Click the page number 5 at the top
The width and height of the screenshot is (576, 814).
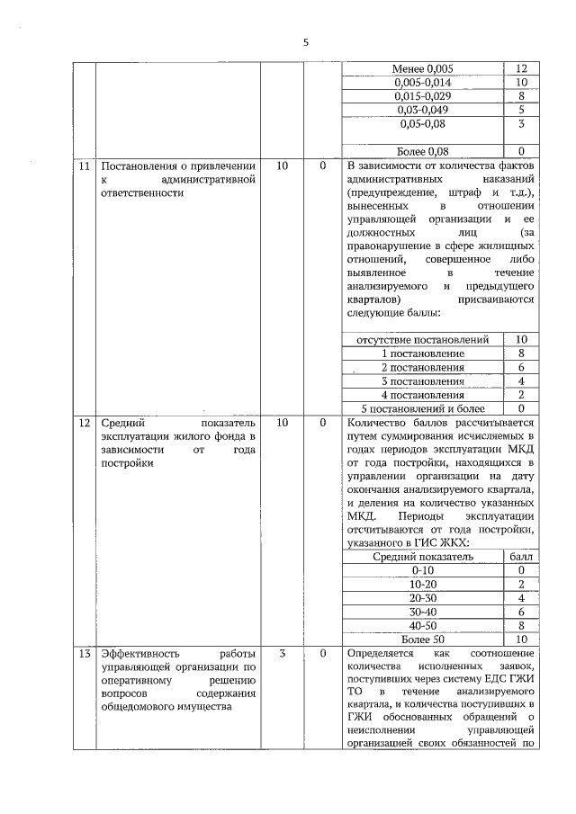[x=305, y=42]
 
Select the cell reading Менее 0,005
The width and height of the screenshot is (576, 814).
[x=423, y=68]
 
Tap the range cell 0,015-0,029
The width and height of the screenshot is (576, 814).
[x=423, y=95]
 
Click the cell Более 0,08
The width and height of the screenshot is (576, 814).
[x=423, y=149]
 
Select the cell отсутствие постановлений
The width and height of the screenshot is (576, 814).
[x=423, y=340]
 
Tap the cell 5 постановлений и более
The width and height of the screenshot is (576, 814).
[x=423, y=407]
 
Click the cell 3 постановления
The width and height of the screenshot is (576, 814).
[x=423, y=380]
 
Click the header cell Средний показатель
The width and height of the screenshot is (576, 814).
[x=423, y=557]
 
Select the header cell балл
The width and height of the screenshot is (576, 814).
[x=521, y=557]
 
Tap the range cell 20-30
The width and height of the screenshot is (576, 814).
[x=423, y=597]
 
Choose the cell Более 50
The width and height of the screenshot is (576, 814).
[x=423, y=638]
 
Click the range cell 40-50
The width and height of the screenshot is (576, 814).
[x=423, y=624]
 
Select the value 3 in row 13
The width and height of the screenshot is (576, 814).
[x=282, y=652]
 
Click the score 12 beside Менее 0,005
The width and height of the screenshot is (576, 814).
[x=521, y=68]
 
